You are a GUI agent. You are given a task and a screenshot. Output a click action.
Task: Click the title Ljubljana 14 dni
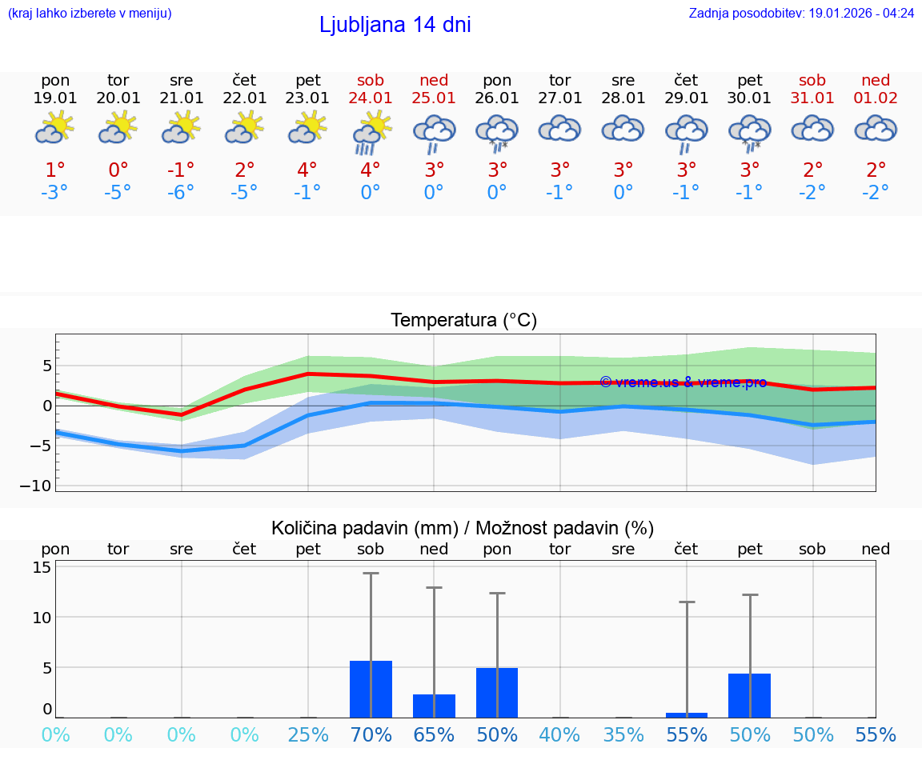tap(395, 25)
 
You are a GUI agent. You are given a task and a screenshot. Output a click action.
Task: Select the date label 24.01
tap(371, 98)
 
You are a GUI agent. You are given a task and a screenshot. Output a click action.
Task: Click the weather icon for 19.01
tap(55, 127)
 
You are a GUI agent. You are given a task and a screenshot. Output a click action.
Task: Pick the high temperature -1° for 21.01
tap(182, 170)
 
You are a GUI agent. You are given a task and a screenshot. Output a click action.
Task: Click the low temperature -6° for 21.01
tap(182, 193)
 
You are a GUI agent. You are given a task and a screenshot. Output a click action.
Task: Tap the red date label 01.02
tap(876, 98)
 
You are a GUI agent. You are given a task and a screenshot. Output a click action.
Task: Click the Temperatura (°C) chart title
tap(463, 321)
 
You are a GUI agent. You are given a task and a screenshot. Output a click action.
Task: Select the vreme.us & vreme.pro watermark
tap(683, 382)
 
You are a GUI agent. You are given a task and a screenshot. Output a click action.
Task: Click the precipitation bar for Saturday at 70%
tap(371, 689)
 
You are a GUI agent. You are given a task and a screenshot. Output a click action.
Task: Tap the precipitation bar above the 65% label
tap(434, 706)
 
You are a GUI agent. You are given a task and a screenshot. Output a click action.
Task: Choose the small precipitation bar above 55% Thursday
tap(686, 714)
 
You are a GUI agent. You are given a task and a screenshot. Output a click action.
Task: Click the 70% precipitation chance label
tap(371, 735)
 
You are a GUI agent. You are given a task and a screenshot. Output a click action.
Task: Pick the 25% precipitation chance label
tap(308, 735)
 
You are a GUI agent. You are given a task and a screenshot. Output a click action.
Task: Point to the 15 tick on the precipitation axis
tap(42, 567)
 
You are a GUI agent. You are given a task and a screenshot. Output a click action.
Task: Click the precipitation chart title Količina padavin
tap(463, 528)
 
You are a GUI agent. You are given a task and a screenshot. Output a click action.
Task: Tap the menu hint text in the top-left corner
tap(89, 14)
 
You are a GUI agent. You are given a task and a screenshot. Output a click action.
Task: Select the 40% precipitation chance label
tap(560, 735)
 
